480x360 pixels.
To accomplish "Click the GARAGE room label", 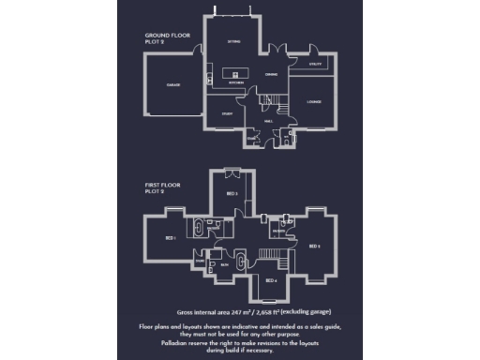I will pos(173,84).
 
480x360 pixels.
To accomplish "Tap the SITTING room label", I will pos(234,42).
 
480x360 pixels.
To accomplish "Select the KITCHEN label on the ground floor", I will pos(236,84).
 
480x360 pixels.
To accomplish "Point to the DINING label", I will pos(270,75).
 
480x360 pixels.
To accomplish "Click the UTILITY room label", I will pos(316,64).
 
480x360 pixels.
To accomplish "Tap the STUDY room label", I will pos(227,113).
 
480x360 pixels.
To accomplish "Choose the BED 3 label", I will pos(232,193).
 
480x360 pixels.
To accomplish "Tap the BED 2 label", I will pos(316,246).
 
